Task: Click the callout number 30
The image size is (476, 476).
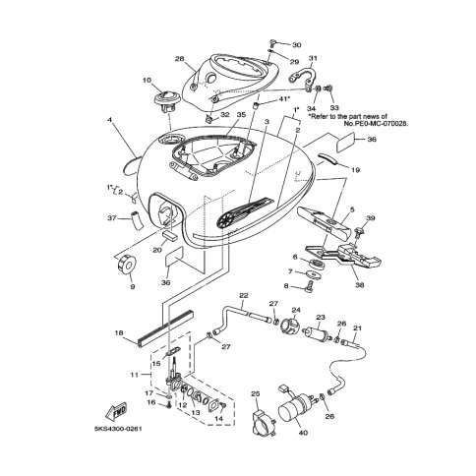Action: click(x=298, y=45)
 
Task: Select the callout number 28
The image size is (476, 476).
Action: click(x=180, y=60)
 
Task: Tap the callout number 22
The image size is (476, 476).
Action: click(x=242, y=296)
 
